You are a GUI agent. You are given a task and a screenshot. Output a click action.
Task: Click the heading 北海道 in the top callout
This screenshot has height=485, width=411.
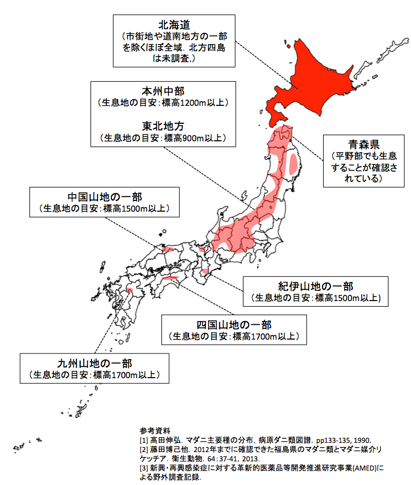[x=174, y=24]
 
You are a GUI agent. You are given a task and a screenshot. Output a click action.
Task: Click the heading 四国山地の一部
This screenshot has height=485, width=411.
[x=234, y=325]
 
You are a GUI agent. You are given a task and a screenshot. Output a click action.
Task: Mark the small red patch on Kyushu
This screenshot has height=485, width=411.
[x=129, y=291]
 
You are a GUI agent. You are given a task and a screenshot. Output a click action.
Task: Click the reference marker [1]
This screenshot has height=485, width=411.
[x=144, y=440]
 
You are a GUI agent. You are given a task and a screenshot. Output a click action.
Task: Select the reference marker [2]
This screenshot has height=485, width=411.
[x=144, y=449]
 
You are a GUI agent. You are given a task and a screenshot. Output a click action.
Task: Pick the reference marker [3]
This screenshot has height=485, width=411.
[x=144, y=468]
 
